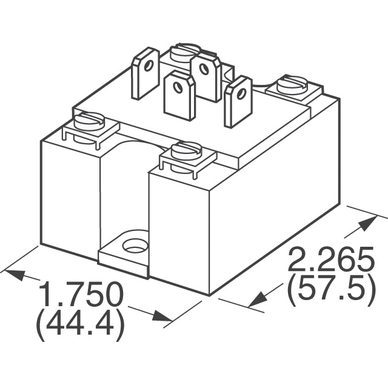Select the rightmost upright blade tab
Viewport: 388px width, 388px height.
tap(238, 101)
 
